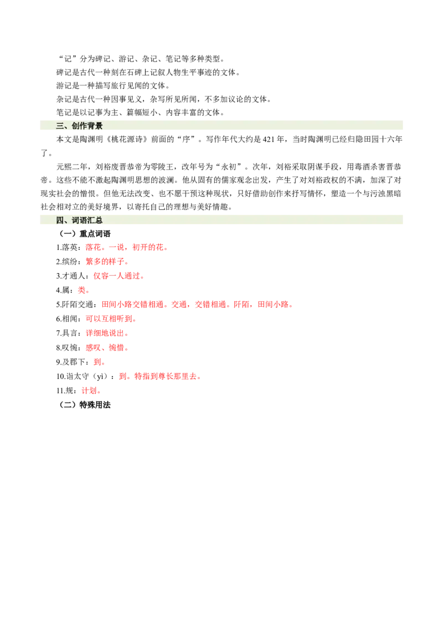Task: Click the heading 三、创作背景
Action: coord(79,126)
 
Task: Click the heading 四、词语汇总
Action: coord(79,220)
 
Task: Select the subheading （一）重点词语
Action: coord(83,234)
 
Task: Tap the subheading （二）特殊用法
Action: coord(83,405)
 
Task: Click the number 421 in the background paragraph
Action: coord(269,140)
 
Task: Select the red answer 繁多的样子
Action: coord(105,262)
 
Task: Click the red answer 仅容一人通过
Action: coord(117,276)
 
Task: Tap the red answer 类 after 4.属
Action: coord(81,290)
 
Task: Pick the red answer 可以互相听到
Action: coord(109,319)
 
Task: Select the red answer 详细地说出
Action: coord(105,333)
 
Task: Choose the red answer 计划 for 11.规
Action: coord(89,391)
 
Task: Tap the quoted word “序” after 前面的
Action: coord(186,140)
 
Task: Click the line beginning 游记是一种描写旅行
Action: coord(113,86)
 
